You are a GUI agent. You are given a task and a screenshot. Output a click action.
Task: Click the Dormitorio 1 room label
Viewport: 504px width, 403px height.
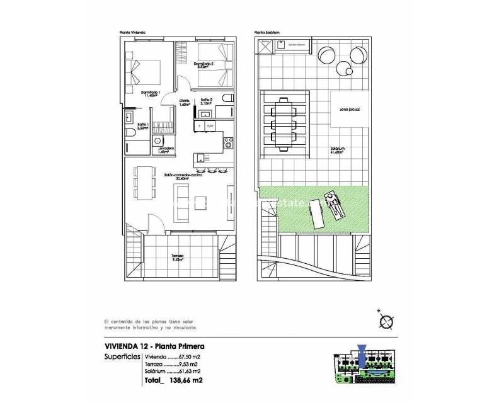[151, 94]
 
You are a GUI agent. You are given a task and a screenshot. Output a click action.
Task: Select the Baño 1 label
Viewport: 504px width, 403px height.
[142, 126]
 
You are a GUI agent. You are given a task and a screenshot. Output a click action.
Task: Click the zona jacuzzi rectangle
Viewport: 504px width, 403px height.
[350, 110]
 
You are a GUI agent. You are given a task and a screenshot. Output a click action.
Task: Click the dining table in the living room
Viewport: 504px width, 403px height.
[144, 181]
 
